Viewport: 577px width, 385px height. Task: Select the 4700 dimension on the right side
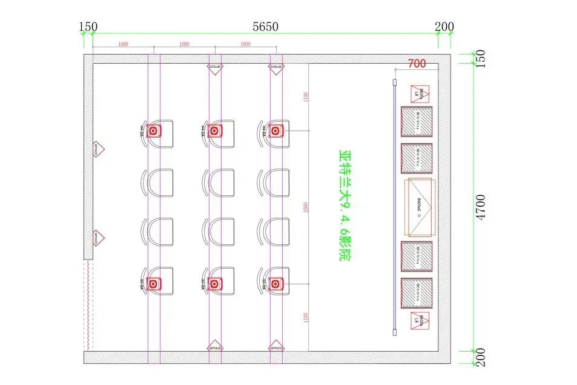coord(481,207)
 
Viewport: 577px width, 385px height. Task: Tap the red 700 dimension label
coord(417,63)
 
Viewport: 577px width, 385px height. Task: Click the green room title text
coord(346,206)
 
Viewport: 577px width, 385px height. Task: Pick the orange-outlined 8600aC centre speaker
coord(420,207)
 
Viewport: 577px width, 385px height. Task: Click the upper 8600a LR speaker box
coord(419,93)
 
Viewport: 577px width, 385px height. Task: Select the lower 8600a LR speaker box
coord(419,321)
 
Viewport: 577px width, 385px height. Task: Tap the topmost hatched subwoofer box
coord(417,121)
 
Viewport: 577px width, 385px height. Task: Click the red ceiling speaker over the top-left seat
coord(154,130)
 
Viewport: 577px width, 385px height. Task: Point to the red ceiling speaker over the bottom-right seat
coord(275,283)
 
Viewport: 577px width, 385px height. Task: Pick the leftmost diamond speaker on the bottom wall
coord(215,347)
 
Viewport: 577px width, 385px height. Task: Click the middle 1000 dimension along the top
coord(184,44)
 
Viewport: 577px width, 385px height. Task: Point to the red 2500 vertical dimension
coord(305,207)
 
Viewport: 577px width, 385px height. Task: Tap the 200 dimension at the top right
coord(444,27)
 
